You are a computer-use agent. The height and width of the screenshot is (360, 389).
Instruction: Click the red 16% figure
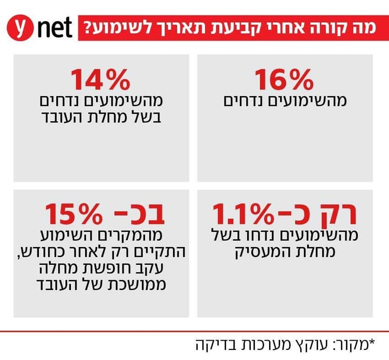284,80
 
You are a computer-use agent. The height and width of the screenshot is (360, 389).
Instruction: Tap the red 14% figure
100,80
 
